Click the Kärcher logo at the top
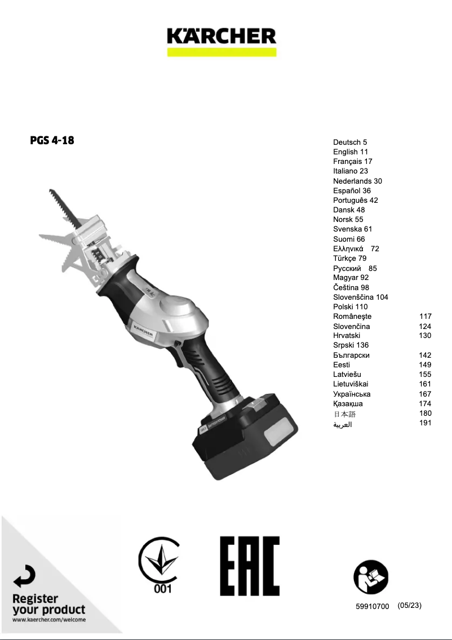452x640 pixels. pos(221,35)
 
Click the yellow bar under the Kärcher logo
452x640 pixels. pos(221,52)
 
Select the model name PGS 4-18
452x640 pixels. pos(52,140)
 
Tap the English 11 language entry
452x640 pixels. pos(351,152)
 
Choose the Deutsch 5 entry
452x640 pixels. pos(350,142)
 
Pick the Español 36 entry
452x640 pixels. pos(352,190)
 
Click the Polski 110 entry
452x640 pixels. pos(351,306)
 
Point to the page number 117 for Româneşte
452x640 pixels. pos(425,316)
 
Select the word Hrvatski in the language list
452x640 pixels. pos(347,336)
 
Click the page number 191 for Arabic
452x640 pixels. pos(425,423)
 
